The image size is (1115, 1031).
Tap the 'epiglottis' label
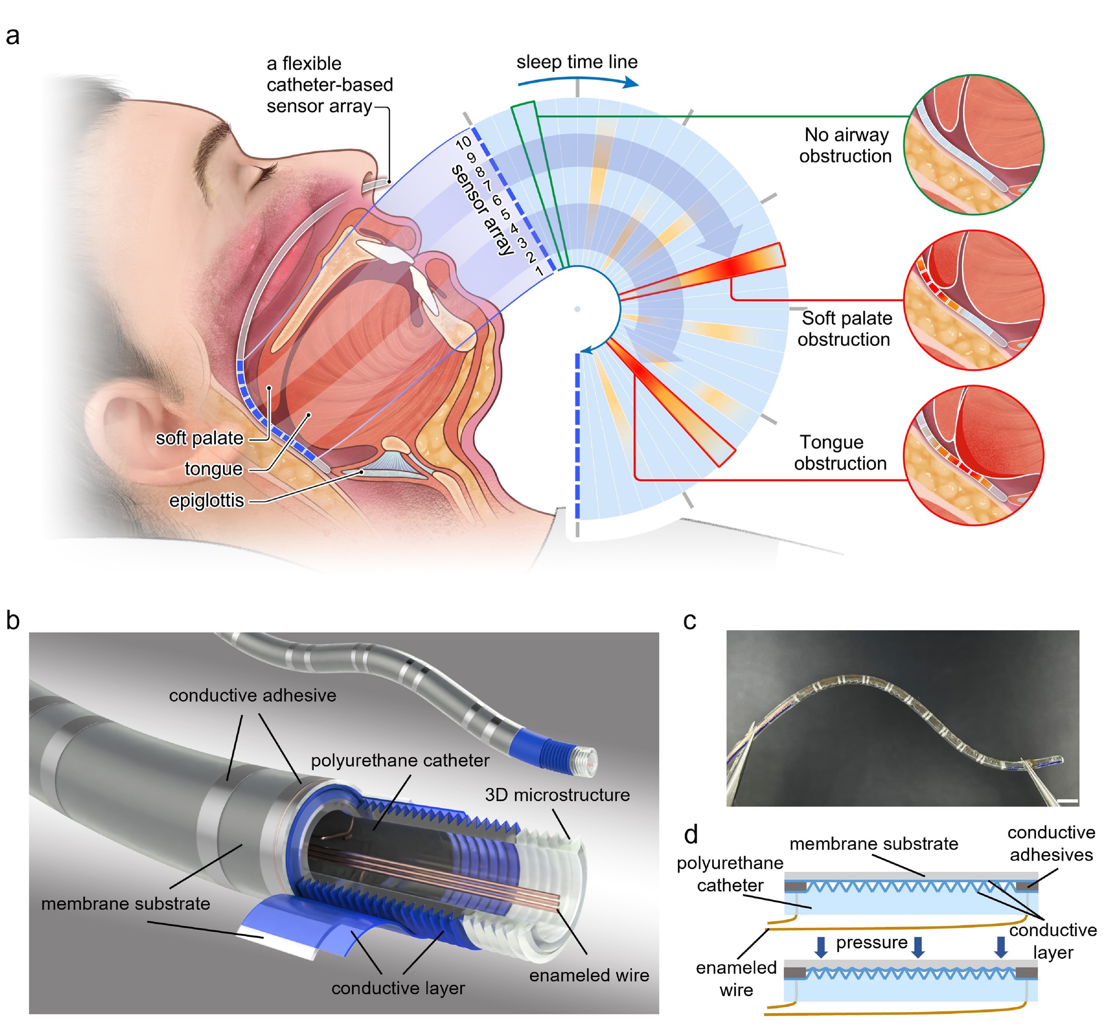[206, 501]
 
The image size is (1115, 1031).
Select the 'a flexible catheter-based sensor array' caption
[329, 85]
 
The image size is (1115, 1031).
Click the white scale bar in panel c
[1067, 802]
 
